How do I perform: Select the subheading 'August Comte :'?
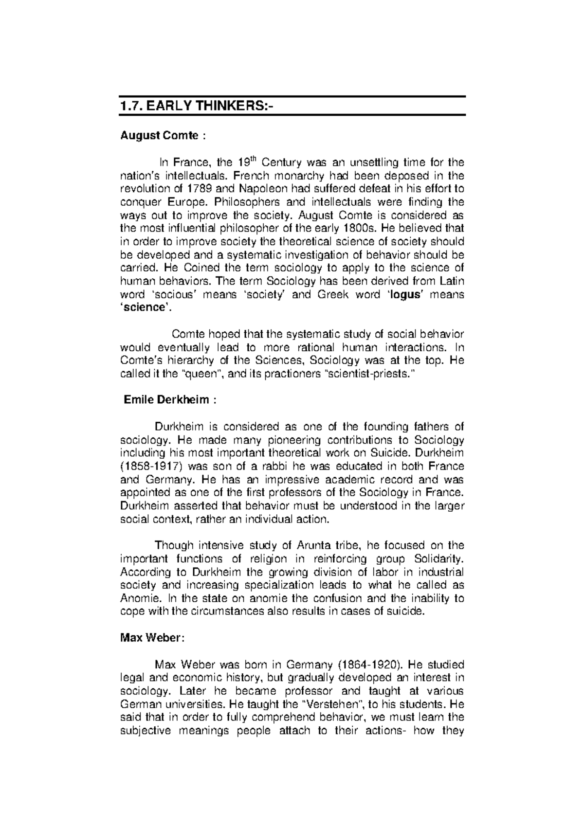pyautogui.click(x=164, y=136)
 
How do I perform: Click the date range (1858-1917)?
pyautogui.click(x=151, y=466)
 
